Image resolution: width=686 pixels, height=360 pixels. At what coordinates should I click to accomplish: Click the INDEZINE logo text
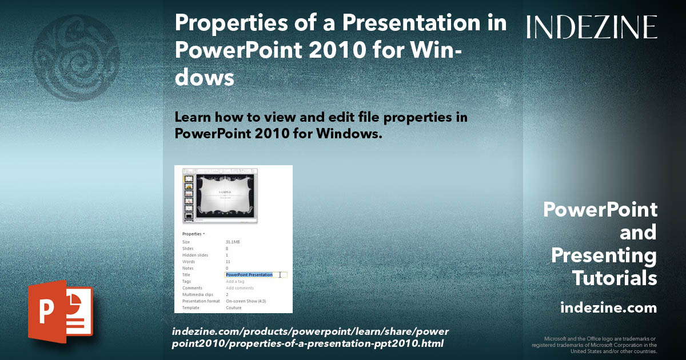pyautogui.click(x=592, y=27)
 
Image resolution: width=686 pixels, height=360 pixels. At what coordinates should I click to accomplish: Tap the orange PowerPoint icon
pyautogui.click(x=60, y=311)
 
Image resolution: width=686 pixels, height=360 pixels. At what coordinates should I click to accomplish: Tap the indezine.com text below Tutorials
pyautogui.click(x=608, y=308)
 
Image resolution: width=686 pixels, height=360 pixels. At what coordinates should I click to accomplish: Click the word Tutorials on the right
pyautogui.click(x=614, y=278)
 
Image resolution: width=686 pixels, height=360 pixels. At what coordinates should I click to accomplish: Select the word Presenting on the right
pyautogui.click(x=604, y=255)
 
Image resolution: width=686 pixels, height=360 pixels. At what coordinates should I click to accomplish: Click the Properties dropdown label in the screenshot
pyautogui.click(x=193, y=234)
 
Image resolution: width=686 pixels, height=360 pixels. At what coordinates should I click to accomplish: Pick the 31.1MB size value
pyautogui.click(x=233, y=242)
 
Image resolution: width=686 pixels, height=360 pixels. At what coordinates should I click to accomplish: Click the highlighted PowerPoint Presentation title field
pyautogui.click(x=249, y=275)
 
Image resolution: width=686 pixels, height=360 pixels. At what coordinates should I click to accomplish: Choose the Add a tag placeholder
pyautogui.click(x=235, y=282)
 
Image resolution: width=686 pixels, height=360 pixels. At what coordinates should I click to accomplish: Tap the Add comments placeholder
pyautogui.click(x=240, y=288)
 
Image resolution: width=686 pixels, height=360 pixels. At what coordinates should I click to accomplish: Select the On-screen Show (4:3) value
pyautogui.click(x=246, y=301)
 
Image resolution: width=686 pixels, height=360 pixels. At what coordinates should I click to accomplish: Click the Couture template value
pyautogui.click(x=234, y=308)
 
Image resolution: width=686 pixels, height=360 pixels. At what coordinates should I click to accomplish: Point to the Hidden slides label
pyautogui.click(x=195, y=255)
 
